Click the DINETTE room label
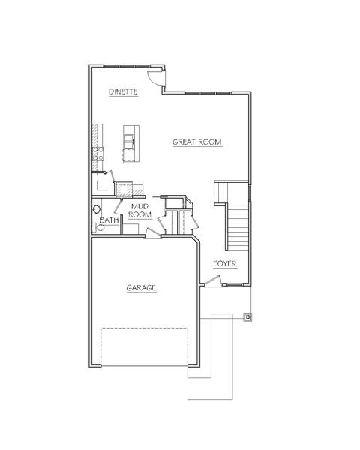tap(123, 91)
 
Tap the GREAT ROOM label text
tap(197, 142)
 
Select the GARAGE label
tap(141, 287)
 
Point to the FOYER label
tap(225, 264)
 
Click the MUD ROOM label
tap(139, 211)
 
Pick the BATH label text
tap(109, 220)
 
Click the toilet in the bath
tap(98, 227)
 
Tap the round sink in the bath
tap(97, 209)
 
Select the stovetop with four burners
tap(97, 154)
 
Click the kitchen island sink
tap(129, 142)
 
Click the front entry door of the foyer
tap(213, 281)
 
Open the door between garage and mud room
tap(153, 233)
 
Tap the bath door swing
tap(118, 205)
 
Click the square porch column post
tap(247, 317)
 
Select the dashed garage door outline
tap(145, 346)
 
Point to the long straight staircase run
tap(238, 226)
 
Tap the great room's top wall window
tap(208, 93)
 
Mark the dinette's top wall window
tap(127, 66)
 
